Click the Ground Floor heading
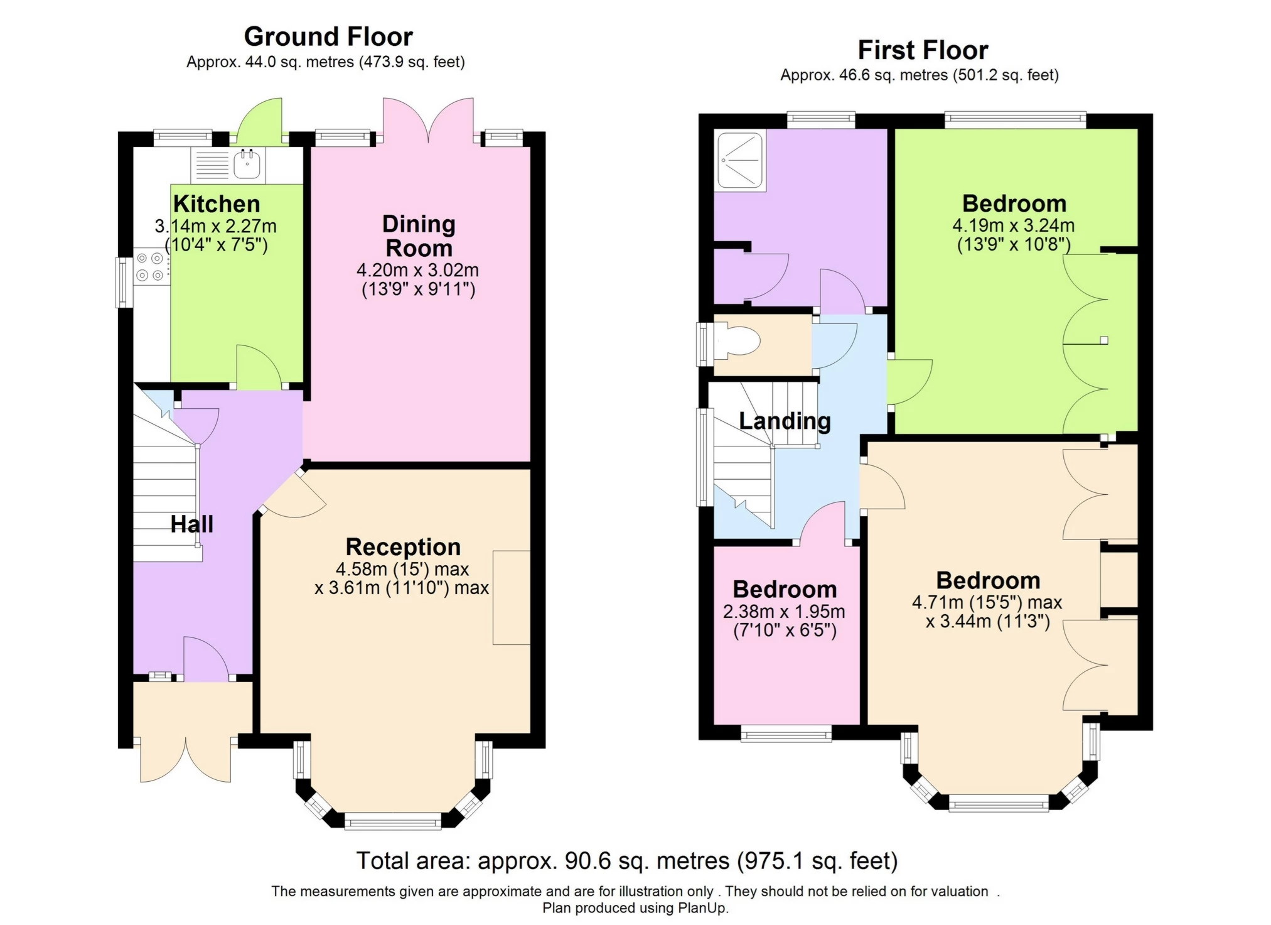coord(328,36)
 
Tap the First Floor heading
coord(923,50)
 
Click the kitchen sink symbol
coord(247,165)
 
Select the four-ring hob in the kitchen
coord(150,266)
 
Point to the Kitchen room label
coord(217,204)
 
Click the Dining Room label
coord(419,236)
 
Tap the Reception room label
coord(403,547)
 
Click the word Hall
coord(191,524)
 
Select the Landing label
coord(785,421)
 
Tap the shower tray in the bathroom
coord(741,160)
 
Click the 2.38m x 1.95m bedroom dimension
coord(784,612)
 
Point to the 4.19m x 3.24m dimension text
coord(1013,225)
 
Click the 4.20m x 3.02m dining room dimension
coord(417,271)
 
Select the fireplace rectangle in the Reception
coord(511,597)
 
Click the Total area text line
coord(626,860)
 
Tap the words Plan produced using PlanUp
coord(635,908)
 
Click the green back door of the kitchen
coord(260,121)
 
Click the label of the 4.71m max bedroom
coord(988,580)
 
